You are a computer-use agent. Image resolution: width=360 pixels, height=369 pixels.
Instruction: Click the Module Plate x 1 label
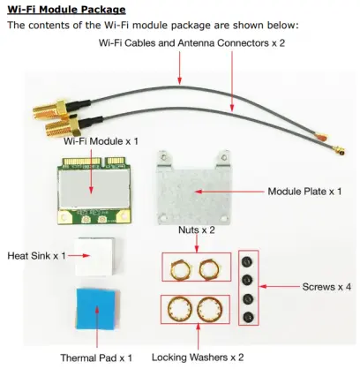(x=304, y=191)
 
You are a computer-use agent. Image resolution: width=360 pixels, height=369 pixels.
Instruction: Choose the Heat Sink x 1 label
(x=37, y=255)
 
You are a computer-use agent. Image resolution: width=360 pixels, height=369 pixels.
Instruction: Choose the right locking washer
(x=213, y=311)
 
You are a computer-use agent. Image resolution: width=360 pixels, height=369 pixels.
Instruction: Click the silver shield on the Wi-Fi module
(x=94, y=185)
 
